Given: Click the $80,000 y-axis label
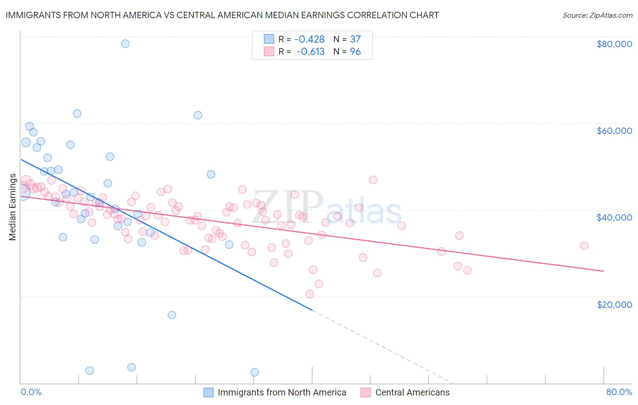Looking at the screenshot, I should (614, 44).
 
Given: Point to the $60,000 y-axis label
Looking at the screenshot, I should (614, 131).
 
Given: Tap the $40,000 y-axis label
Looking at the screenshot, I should (614, 217).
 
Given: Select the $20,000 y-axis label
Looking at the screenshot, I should (614, 304).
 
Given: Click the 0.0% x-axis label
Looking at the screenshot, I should (31, 392).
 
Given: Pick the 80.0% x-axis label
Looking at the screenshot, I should (619, 392).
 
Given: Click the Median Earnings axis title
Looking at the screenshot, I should (13, 207).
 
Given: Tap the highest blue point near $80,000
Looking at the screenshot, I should (125, 44).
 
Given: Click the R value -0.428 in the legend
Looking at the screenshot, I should (309, 39).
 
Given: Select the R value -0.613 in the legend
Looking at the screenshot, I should (310, 52).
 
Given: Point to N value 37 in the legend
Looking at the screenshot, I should (355, 39).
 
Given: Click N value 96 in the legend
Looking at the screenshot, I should (355, 52).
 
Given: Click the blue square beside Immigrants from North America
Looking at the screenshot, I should (208, 392).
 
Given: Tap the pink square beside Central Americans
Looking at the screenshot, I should (366, 392).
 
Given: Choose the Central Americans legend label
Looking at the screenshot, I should (412, 392).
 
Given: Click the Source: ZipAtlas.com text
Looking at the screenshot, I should (597, 15).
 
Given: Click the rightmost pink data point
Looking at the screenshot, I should (584, 246).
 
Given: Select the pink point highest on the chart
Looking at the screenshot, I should (373, 180).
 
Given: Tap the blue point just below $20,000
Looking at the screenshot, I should (172, 315).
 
